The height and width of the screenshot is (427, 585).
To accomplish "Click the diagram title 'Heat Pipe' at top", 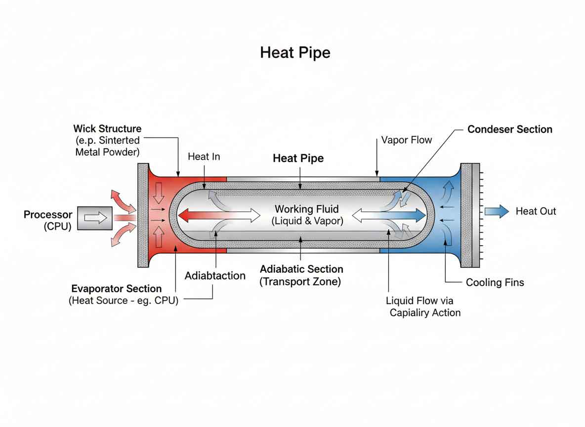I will click(295, 53).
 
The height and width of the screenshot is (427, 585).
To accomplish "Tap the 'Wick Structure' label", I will click(107, 129).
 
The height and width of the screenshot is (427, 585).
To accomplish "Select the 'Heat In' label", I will click(204, 157).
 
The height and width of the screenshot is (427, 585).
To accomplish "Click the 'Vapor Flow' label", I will click(407, 140).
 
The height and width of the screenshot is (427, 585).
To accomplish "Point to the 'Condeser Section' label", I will click(509, 129).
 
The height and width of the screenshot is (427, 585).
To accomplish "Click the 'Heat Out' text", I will click(536, 212).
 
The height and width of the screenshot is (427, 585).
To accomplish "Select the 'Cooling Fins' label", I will click(495, 283).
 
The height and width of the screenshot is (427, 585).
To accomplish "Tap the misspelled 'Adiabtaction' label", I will click(215, 276).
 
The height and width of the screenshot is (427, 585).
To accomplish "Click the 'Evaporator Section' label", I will click(116, 289).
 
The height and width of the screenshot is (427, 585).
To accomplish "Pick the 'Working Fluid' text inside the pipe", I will click(307, 209).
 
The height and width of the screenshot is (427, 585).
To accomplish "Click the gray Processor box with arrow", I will click(96, 217).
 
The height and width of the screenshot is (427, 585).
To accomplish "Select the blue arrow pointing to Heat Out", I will click(496, 212).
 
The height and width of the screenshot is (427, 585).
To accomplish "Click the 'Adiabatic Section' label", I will click(301, 269).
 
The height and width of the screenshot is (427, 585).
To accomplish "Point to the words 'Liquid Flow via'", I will click(419, 300).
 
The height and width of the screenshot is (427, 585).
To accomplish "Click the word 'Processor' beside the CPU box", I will click(48, 215).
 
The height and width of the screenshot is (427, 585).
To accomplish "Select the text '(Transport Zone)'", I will click(301, 282).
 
